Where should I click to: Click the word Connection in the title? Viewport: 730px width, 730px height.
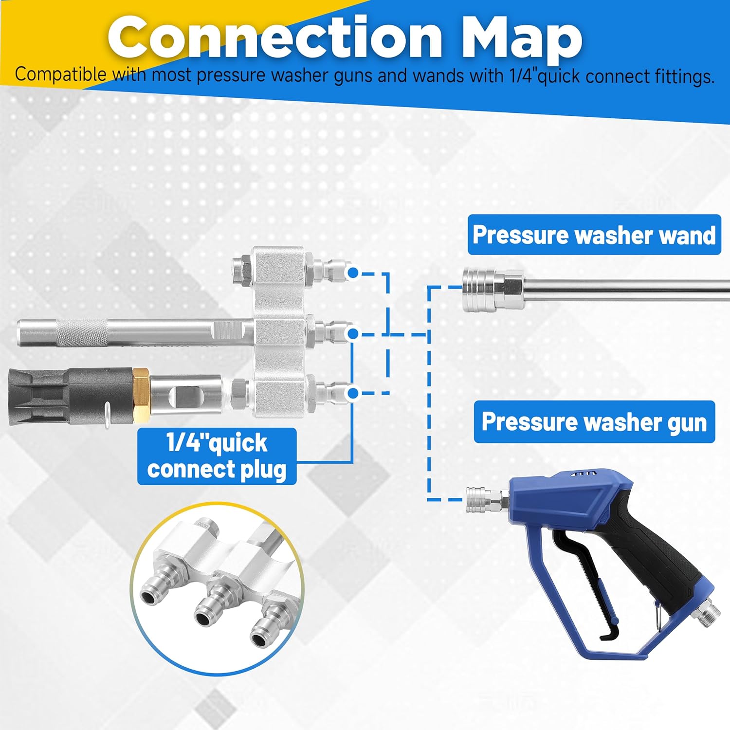click(275, 38)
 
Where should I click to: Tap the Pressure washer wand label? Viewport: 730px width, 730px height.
click(594, 235)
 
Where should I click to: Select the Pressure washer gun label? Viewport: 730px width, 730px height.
click(594, 422)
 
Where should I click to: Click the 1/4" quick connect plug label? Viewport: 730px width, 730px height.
click(217, 456)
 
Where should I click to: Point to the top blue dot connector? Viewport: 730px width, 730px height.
click(353, 273)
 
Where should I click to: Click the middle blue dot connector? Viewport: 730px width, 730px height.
click(353, 333)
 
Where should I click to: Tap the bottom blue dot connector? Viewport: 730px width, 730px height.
click(353, 392)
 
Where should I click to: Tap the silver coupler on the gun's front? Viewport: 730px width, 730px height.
click(482, 500)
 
